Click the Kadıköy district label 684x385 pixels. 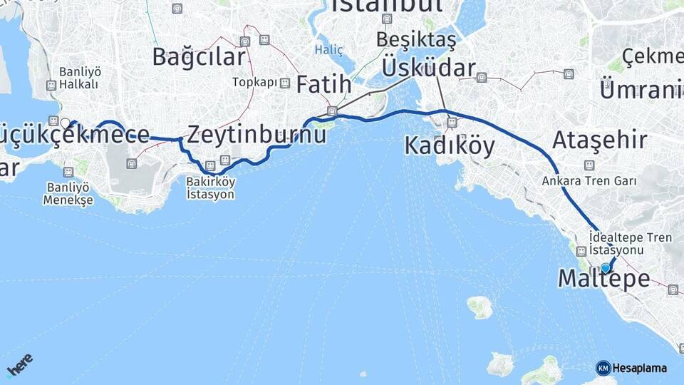point(449,145)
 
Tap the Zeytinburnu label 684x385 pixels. point(256,133)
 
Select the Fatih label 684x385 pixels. point(323,85)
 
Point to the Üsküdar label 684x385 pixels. point(429,68)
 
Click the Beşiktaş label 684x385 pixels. point(417,39)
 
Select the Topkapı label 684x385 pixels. point(254,83)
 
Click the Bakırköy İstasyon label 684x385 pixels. point(210,188)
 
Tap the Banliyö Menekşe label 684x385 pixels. point(68,194)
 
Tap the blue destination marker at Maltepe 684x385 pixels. point(606,268)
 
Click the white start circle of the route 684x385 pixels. point(66,123)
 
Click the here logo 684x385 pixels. point(19,364)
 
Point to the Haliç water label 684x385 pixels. point(328,50)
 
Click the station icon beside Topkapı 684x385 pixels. point(285,83)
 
